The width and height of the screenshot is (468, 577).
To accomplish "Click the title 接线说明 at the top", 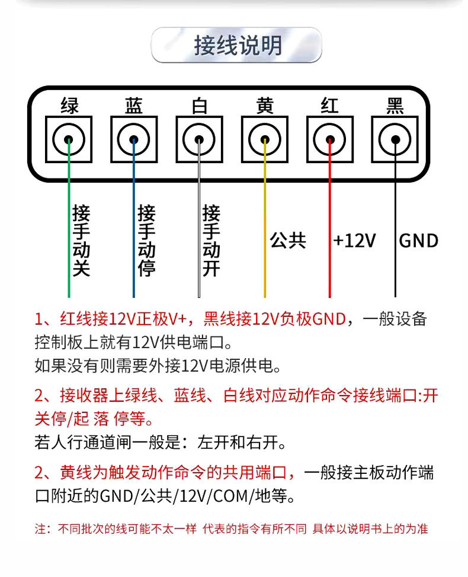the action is click(x=238, y=46).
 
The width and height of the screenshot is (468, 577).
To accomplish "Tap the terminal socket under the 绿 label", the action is click(x=69, y=139).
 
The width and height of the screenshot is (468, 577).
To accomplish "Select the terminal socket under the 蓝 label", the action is click(x=134, y=139).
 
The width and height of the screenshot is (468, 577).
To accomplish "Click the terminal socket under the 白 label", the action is click(x=199, y=139).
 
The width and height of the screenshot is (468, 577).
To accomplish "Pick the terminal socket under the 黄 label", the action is click(x=265, y=139).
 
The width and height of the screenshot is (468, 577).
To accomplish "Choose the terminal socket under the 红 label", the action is click(x=330, y=139).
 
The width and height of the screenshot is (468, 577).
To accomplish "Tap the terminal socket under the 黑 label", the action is click(x=395, y=139).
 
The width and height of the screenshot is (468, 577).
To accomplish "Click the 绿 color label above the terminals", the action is click(x=69, y=106).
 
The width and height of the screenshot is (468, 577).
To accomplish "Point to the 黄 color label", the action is click(x=265, y=106).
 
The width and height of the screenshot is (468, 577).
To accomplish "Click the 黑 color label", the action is click(x=395, y=106).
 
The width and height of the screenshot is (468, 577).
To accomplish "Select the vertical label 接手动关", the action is click(x=81, y=240).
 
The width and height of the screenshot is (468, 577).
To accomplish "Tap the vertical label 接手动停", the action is click(x=146, y=240).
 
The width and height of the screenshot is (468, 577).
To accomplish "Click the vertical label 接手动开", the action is click(x=211, y=240).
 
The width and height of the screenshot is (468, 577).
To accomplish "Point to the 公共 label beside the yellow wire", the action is click(x=288, y=241).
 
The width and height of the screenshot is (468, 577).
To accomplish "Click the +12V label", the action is click(x=354, y=241).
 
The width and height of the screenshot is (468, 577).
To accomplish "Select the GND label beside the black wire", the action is click(x=419, y=241).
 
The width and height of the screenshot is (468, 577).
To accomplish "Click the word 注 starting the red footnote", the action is click(x=40, y=529).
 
